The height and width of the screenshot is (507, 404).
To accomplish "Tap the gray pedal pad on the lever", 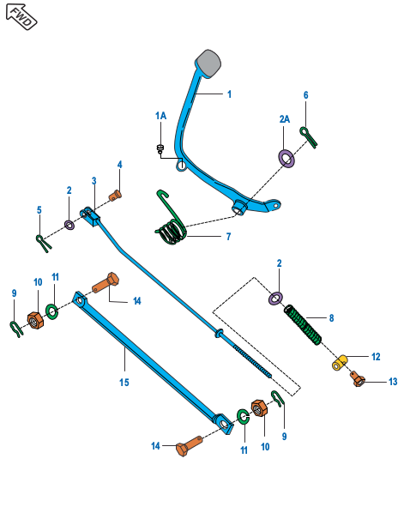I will [x=208, y=62].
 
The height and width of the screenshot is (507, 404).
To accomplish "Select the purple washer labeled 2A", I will [x=286, y=157].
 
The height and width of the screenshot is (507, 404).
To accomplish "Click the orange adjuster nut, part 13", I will [x=358, y=378].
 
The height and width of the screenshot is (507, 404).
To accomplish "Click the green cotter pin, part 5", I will [x=44, y=242].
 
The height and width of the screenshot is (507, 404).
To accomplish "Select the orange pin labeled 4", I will [x=117, y=195].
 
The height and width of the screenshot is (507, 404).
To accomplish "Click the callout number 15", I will [x=124, y=382].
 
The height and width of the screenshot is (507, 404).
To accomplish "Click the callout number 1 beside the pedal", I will [x=230, y=94].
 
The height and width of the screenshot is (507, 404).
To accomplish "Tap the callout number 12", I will [x=376, y=355].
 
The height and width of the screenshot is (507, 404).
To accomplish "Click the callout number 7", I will [x=228, y=235].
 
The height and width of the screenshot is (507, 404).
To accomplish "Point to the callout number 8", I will [x=331, y=317].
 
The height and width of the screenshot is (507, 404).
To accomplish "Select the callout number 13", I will [x=394, y=381].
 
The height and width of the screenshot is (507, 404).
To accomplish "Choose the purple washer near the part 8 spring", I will [x=276, y=298].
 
